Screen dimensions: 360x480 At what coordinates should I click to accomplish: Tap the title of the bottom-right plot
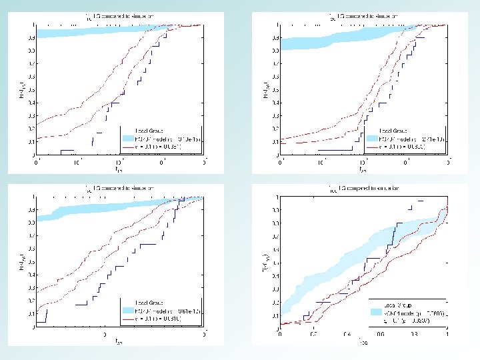(x=363, y=189)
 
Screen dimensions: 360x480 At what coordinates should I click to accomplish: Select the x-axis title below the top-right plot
(x=363, y=170)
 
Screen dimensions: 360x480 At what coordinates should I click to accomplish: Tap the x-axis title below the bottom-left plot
(x=119, y=343)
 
